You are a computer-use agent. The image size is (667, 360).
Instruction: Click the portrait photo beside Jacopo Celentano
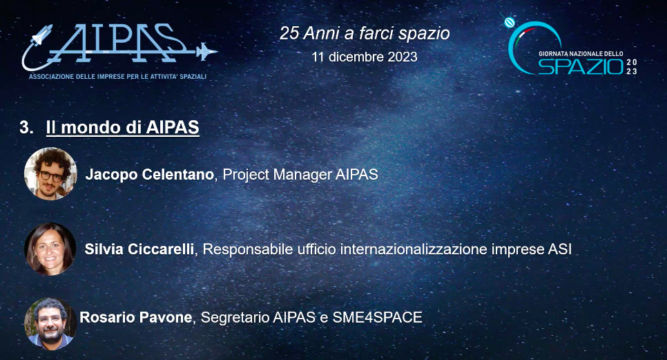pos(50,173)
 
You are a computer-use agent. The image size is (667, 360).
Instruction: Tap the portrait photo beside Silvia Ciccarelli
pos(50,248)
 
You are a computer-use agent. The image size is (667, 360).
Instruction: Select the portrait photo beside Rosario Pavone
pos(50,322)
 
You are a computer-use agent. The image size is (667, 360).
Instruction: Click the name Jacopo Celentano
pos(149,175)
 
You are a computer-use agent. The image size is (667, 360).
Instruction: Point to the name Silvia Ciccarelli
pos(140,249)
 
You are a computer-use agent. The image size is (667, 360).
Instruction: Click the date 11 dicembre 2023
pos(365,57)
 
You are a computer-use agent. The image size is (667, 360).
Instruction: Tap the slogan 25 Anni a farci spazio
pos(365,33)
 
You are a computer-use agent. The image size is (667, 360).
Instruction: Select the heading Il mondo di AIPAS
pos(122,128)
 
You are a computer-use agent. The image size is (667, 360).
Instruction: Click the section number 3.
pos(26,128)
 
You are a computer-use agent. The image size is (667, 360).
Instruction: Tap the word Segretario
pos(234,318)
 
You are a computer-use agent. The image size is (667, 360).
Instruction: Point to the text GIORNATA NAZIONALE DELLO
pos(581,53)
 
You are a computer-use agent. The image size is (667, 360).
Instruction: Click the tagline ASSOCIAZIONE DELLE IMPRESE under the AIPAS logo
pos(117,76)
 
